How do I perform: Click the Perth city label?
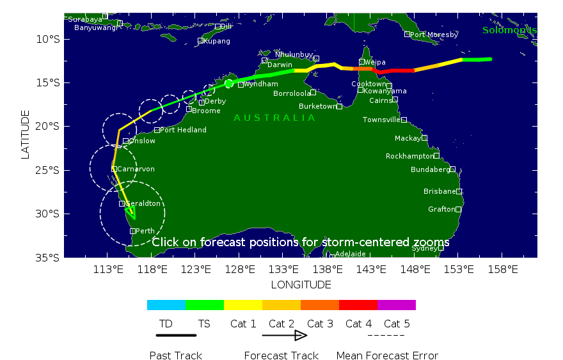point(145,231)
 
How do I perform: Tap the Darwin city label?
point(280,65)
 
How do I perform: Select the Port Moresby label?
point(434,35)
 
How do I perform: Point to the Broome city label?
point(206,111)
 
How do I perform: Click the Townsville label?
point(381,120)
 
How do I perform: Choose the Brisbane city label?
point(440,191)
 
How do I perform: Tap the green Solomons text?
point(509,30)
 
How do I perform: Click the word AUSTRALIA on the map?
point(274,118)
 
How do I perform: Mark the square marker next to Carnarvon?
point(114,169)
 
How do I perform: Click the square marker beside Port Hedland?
point(157,130)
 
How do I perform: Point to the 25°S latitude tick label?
point(49,170)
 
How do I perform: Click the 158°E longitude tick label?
point(504,269)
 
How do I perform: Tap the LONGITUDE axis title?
point(301,285)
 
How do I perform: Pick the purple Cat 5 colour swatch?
point(396,305)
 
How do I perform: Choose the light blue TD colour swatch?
point(166,305)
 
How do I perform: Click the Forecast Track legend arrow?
point(285,335)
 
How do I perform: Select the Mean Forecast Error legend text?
point(387,356)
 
